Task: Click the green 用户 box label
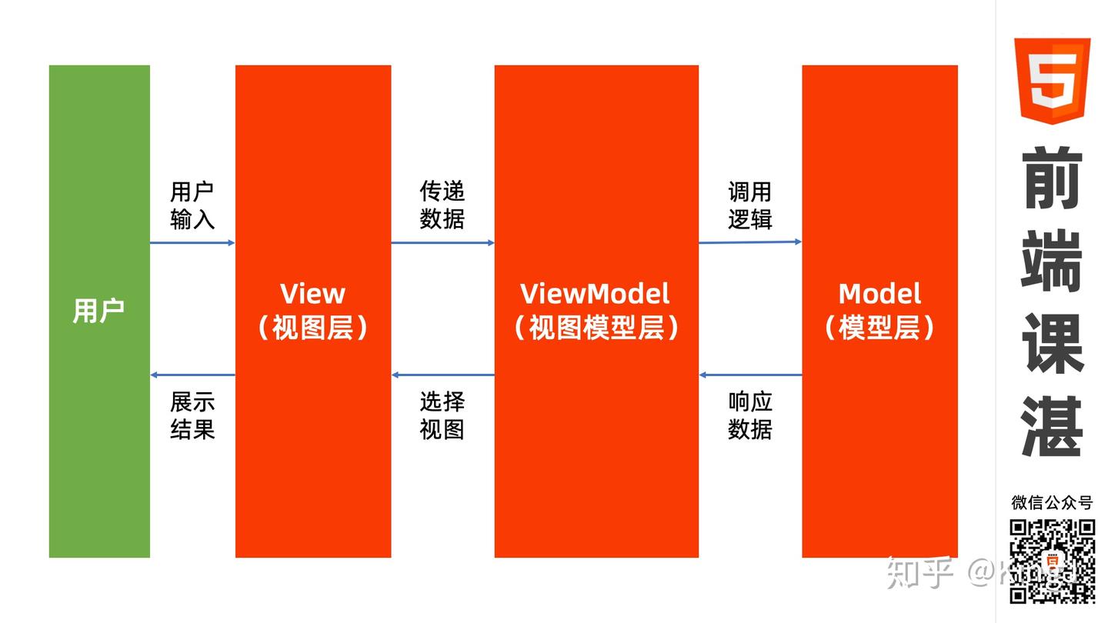coord(98,311)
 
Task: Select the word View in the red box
coord(312,293)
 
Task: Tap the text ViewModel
coord(595,293)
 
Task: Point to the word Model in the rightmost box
coord(879,293)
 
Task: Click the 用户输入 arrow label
coord(192,205)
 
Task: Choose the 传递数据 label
coord(442,205)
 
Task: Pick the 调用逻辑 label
coord(749,205)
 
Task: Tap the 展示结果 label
coord(192,415)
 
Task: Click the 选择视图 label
coord(442,415)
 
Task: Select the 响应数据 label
coord(749,415)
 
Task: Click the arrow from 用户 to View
coord(192,243)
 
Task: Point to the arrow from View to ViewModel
coord(442,243)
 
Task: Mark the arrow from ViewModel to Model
coord(750,242)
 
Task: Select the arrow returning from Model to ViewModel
coord(750,375)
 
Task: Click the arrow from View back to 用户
coord(192,375)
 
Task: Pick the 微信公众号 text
coord(1052,503)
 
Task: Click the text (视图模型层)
coord(596,328)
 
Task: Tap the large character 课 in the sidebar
coord(1052,343)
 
